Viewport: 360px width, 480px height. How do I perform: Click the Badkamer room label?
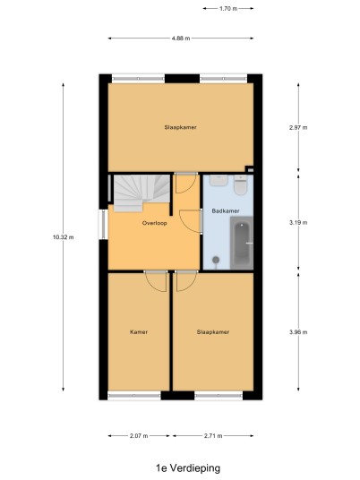click(226, 211)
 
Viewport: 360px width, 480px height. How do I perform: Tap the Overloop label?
click(155, 223)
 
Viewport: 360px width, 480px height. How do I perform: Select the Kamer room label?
click(139, 332)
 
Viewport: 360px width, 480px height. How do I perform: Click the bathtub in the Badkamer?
click(242, 243)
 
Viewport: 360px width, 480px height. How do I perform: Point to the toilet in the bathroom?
click(240, 184)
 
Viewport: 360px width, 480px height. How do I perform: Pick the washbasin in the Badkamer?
click(219, 180)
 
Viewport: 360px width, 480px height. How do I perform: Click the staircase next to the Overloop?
click(141, 193)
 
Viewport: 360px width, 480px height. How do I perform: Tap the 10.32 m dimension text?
click(64, 237)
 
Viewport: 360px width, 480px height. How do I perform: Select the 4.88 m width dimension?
click(181, 39)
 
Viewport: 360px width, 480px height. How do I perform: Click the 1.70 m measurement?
click(228, 9)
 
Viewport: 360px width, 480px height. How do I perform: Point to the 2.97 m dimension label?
click(298, 128)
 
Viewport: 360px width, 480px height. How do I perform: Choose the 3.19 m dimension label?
click(298, 223)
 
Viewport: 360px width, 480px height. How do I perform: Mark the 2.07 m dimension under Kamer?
click(139, 435)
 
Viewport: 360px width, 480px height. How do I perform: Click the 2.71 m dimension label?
click(213, 435)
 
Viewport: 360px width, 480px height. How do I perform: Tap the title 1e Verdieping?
click(188, 468)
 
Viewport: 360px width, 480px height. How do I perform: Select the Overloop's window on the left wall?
click(103, 225)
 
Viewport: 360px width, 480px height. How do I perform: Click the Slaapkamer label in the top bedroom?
click(180, 127)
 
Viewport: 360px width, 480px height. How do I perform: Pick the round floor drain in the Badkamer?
click(216, 260)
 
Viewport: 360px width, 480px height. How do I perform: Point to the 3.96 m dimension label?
click(298, 332)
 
